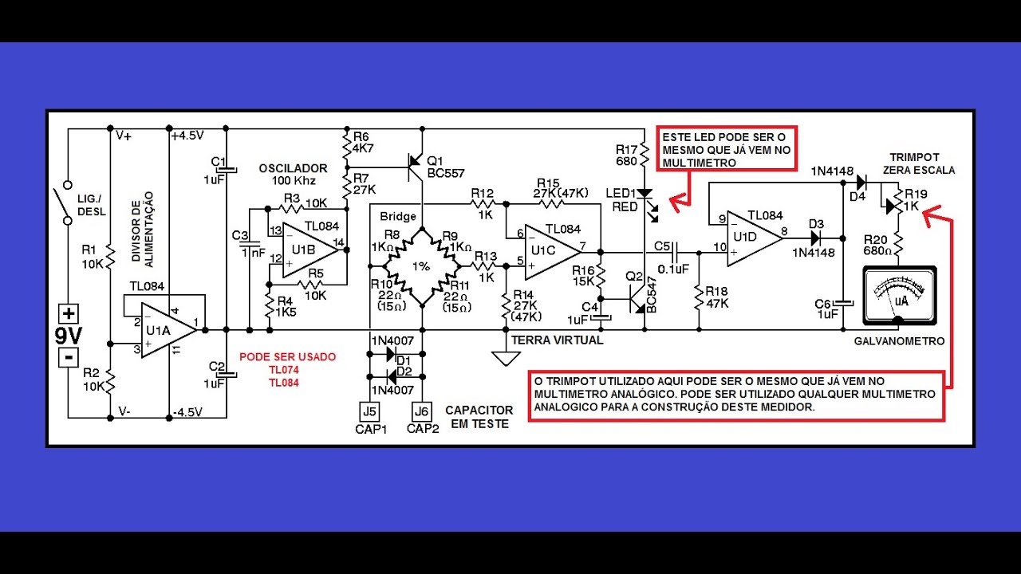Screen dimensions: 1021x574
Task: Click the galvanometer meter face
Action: click(900, 296)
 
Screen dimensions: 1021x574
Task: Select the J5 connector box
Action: click(369, 412)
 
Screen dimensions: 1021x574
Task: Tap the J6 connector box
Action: click(422, 412)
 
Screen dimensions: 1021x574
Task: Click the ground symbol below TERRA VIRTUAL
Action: click(506, 358)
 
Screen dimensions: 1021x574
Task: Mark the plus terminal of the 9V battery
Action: click(69, 314)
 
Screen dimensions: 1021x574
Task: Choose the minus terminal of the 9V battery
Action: click(69, 357)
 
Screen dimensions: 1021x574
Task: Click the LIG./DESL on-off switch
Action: click(65, 203)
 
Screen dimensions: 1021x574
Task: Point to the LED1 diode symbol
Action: click(645, 194)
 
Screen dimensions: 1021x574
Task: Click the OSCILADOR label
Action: click(293, 168)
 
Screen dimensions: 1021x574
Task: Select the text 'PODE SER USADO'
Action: click(288, 356)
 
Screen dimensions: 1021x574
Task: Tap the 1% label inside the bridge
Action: click(421, 266)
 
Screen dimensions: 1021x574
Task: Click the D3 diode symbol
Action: click(815, 238)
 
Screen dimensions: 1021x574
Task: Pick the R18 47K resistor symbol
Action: click(699, 298)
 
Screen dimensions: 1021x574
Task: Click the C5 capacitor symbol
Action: click(674, 252)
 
